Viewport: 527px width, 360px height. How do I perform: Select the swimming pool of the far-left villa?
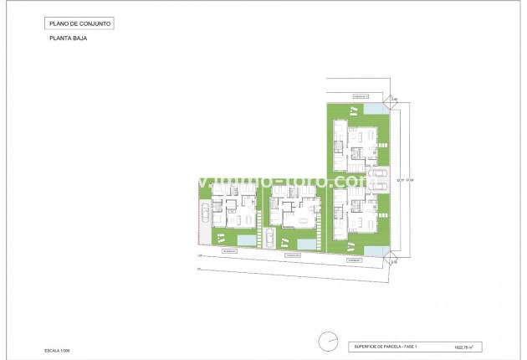tap(248, 239)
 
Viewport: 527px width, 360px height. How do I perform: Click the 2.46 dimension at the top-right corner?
tap(393, 99)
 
